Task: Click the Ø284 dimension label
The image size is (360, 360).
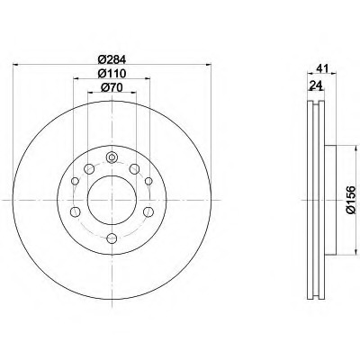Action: [112, 59]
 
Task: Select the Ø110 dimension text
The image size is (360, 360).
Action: [112, 74]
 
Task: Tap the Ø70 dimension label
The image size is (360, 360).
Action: [112, 87]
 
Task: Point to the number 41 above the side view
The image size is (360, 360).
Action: [321, 68]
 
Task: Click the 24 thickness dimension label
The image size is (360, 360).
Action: [316, 86]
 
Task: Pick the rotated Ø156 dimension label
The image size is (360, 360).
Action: [350, 200]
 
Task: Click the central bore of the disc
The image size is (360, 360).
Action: [112, 200]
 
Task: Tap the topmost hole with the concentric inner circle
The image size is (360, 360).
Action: [112, 157]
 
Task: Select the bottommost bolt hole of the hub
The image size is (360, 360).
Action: [112, 238]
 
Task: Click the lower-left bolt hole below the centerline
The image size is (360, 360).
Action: [75, 211]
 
